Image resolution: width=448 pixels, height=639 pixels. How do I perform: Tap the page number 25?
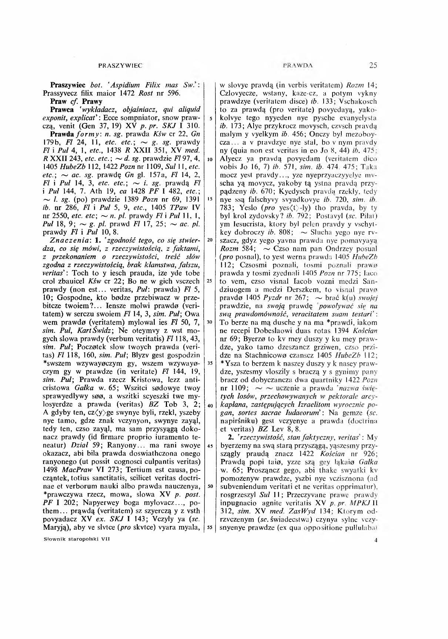tap(373, 66)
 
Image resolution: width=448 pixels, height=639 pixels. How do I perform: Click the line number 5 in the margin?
tap(210, 119)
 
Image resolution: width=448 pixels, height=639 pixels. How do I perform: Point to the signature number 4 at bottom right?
tap(375, 540)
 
